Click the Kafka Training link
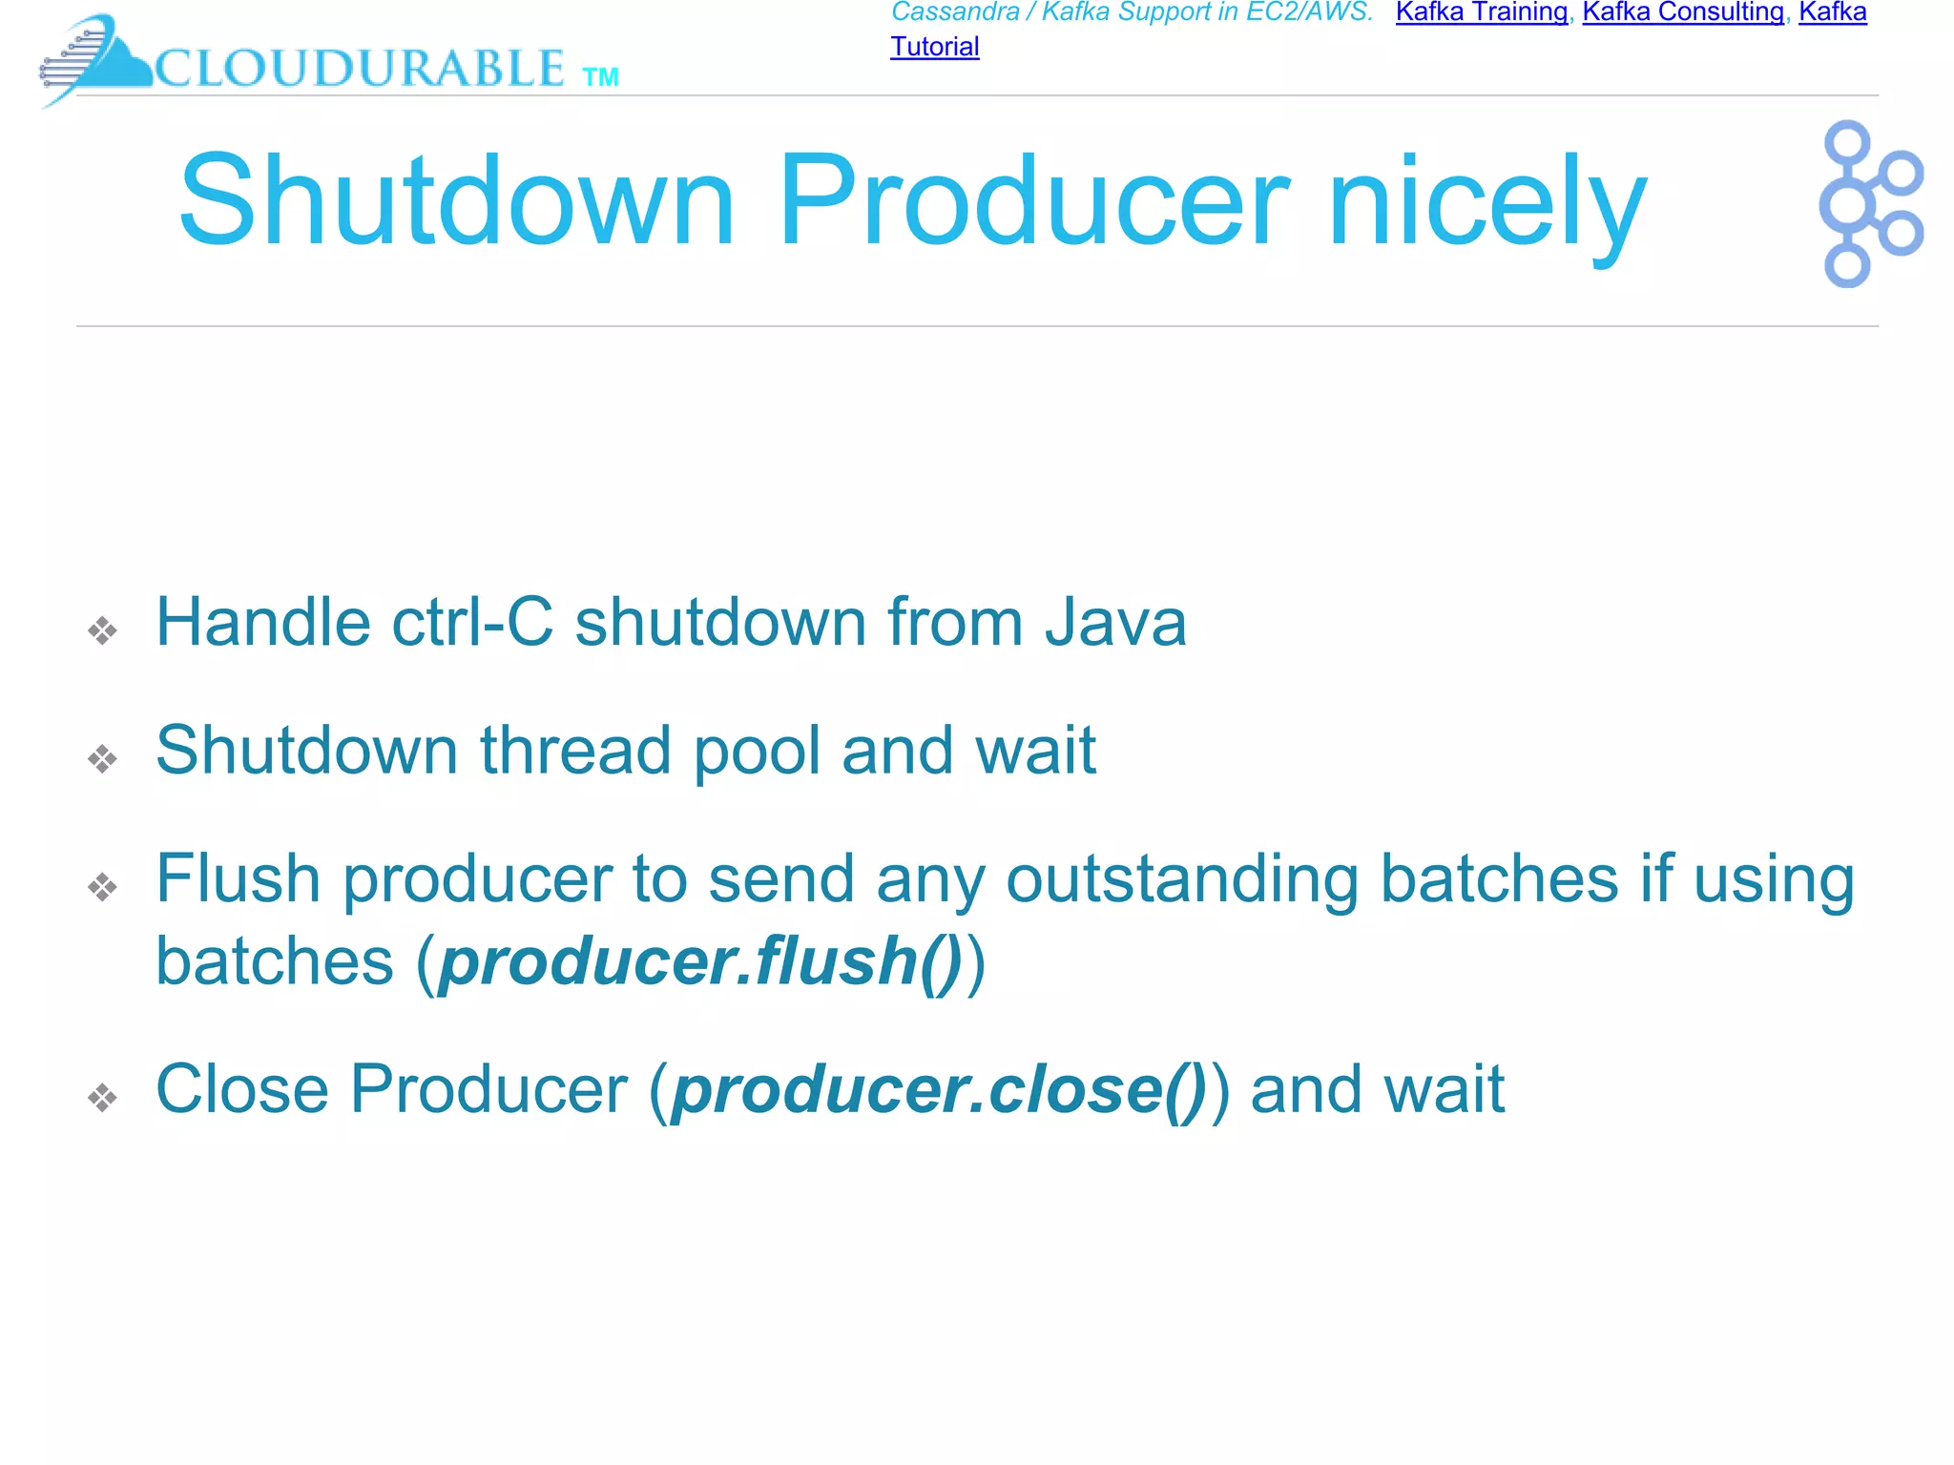1481,12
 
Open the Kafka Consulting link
1683,12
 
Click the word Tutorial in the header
934,47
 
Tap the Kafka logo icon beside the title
1869,203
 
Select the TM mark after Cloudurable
601,77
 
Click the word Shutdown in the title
457,201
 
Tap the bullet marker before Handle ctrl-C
102,630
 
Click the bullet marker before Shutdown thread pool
102,759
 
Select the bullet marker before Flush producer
102,887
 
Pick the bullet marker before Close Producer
102,1097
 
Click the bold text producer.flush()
700,961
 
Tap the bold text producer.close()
939,1089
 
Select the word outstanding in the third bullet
1182,879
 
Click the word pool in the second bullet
756,752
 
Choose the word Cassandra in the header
955,12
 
